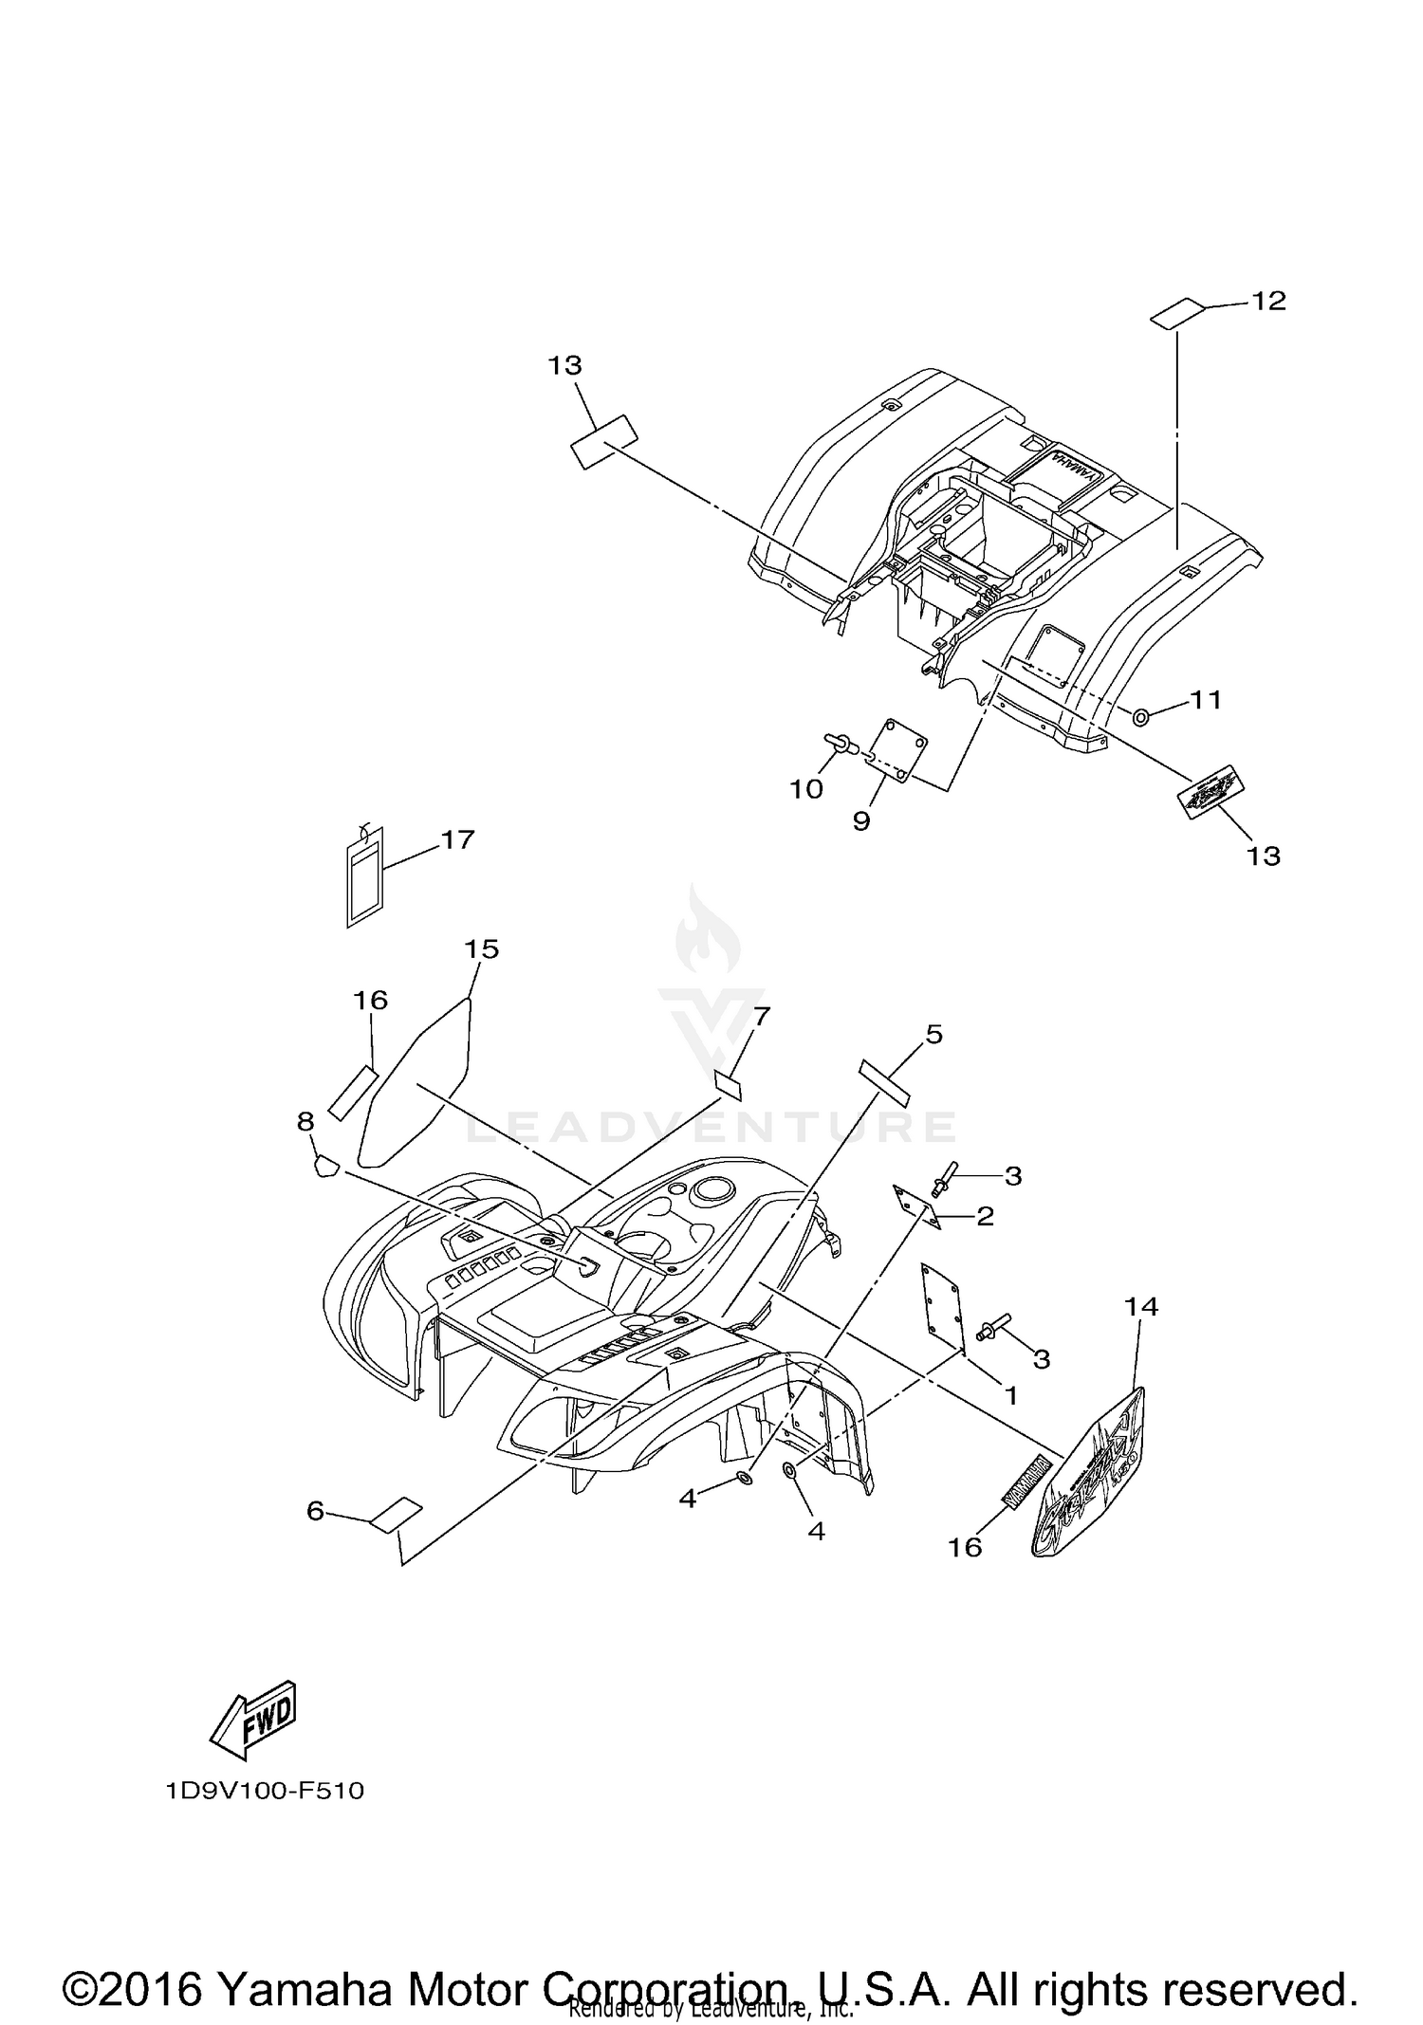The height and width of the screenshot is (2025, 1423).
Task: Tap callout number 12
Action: click(1268, 301)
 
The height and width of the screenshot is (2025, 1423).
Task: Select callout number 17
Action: click(457, 839)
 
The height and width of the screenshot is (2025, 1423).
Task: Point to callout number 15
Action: click(481, 948)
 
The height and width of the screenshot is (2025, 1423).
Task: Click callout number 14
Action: click(1141, 1306)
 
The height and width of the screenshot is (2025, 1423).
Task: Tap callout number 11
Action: click(1206, 700)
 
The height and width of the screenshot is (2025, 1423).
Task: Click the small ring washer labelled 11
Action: click(1141, 716)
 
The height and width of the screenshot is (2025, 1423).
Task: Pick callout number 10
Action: click(807, 789)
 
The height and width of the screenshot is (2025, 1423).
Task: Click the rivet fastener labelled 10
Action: click(841, 743)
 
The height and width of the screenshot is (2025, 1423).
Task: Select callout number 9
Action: click(860, 820)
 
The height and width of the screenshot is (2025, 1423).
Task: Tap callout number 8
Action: click(305, 1121)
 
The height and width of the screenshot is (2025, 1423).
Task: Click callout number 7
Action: click(761, 1017)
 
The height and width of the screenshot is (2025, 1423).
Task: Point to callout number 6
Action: click(316, 1510)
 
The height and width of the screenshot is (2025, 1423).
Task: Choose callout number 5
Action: click(934, 1034)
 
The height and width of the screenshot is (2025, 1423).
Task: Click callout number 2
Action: click(985, 1216)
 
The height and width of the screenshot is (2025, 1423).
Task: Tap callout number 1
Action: click(1010, 1395)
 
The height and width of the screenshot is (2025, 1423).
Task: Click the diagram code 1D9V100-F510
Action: click(265, 1791)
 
